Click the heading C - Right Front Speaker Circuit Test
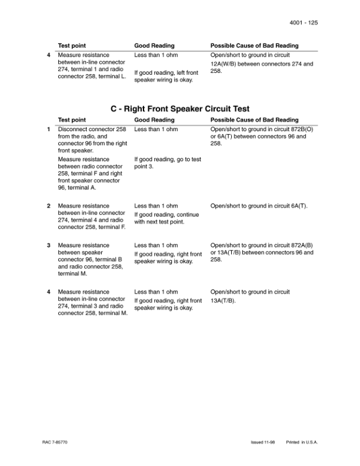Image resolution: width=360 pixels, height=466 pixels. [x=180, y=109]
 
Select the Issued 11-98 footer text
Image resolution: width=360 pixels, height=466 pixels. [x=262, y=441]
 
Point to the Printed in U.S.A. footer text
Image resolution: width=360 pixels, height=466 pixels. [x=302, y=441]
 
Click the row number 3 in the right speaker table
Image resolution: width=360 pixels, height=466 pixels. [x=48, y=245]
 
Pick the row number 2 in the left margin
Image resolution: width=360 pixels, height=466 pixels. [x=48, y=206]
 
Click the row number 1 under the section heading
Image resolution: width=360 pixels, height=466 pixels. [x=48, y=129]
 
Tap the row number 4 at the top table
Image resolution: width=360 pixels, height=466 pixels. [x=48, y=55]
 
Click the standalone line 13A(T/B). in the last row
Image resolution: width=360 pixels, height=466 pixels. [x=223, y=301]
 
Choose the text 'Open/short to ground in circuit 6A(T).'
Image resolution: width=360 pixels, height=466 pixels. [x=259, y=206]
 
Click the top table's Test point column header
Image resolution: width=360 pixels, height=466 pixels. [x=72, y=45]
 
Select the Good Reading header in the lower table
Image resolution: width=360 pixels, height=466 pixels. [x=154, y=120]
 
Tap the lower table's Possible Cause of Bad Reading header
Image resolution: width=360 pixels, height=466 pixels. [x=254, y=120]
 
